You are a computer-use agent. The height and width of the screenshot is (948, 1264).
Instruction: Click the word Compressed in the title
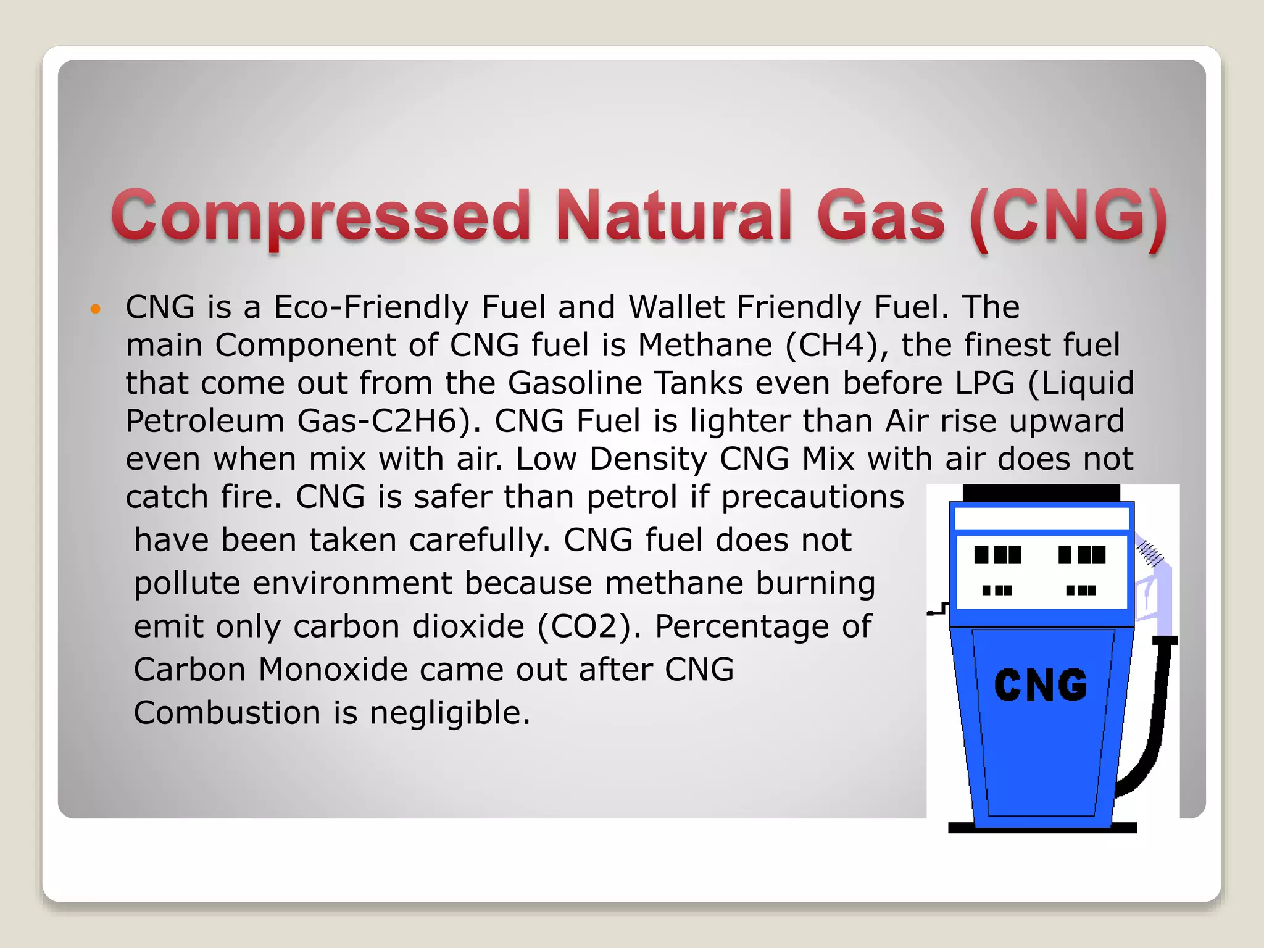coord(320,216)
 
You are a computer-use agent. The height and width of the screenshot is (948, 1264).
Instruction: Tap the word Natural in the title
coord(673,216)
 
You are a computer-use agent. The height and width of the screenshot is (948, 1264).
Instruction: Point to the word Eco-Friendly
coord(371,307)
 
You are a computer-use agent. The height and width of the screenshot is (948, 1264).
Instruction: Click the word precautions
coord(812,497)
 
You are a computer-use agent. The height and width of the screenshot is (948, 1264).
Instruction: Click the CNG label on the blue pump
coord(1041,686)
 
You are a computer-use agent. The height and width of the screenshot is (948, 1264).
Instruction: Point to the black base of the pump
coord(1042,828)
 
